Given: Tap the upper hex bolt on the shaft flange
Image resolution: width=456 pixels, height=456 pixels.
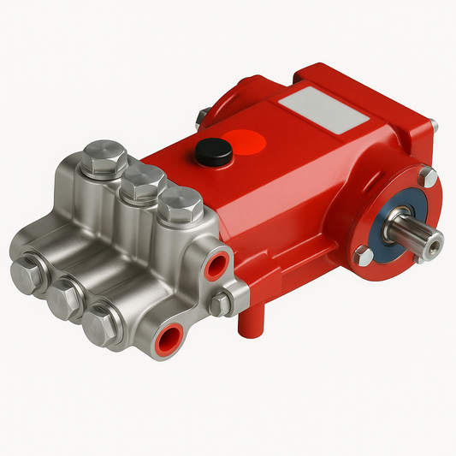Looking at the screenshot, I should (x=427, y=177).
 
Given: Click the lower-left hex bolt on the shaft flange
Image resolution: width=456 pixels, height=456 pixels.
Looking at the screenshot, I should (x=364, y=255).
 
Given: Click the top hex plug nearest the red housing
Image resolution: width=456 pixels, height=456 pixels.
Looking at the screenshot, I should (x=180, y=205).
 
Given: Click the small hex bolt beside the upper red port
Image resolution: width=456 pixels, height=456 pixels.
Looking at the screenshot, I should (x=221, y=302).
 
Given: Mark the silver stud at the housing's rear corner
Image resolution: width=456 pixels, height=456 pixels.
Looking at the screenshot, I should (x=201, y=115).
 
